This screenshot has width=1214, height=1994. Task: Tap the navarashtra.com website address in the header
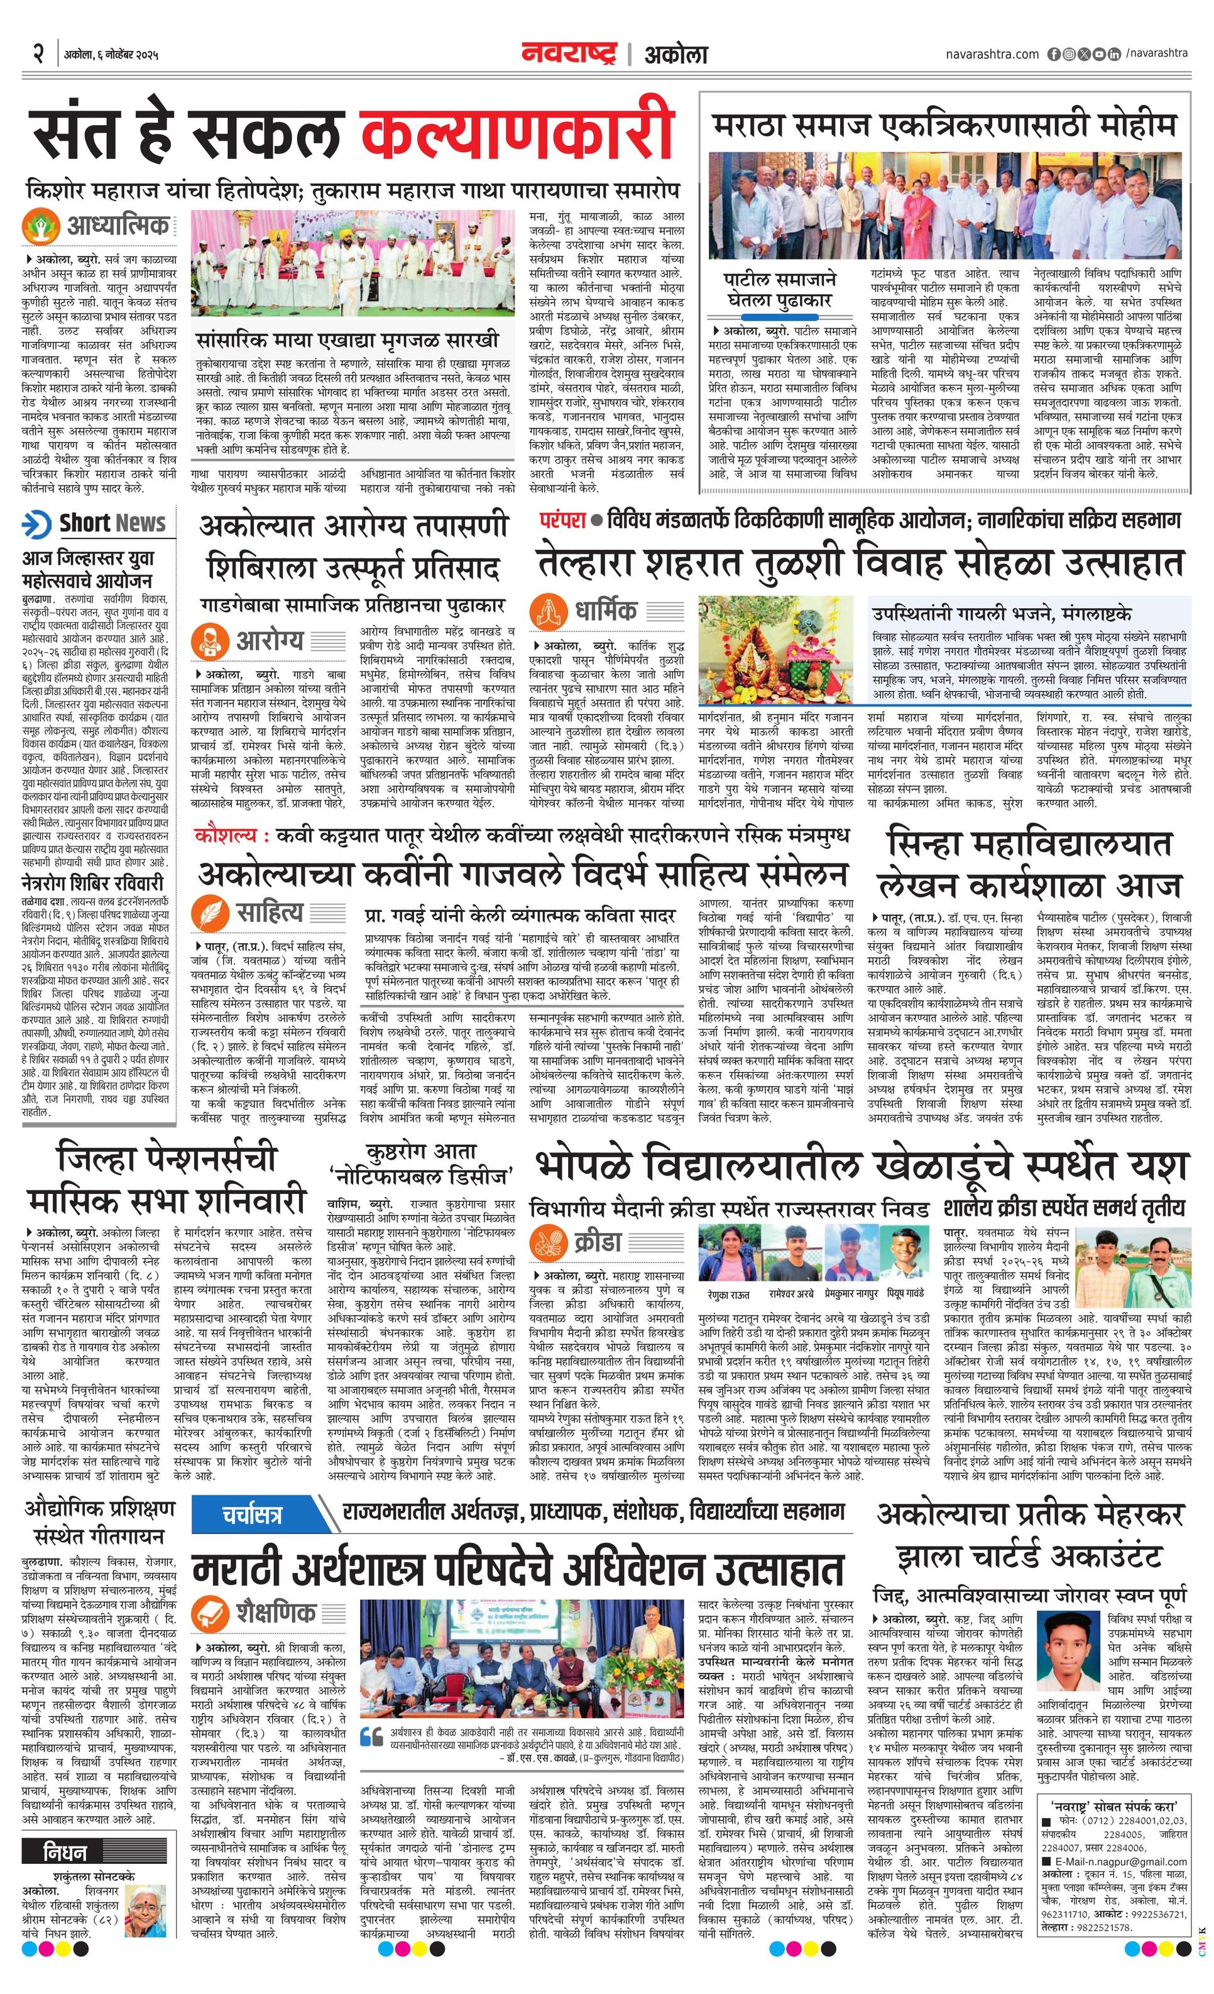[992, 54]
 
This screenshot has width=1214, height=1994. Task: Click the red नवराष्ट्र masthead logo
[571, 54]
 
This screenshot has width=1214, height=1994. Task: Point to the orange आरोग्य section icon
[212, 641]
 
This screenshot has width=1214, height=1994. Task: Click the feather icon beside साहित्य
[211, 914]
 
